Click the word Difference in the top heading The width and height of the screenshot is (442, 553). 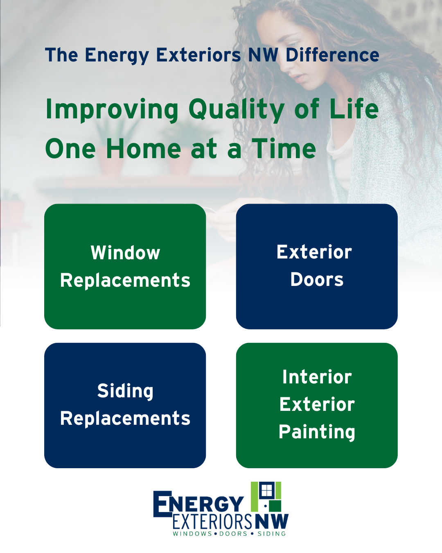[332, 54]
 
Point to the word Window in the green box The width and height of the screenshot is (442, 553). [125, 253]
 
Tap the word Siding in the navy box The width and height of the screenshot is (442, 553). [125, 391]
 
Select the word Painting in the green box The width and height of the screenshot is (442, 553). [317, 432]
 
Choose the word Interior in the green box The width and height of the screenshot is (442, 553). [317, 377]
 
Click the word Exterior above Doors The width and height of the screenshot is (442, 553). [314, 252]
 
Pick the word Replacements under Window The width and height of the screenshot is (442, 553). [125, 280]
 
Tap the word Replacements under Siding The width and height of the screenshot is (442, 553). [125, 419]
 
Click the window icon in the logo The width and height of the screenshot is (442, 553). [266, 490]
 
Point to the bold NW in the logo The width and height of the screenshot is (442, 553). [272, 521]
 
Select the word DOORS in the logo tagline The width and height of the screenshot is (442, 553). [233, 534]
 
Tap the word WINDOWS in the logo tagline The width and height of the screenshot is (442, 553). [192, 534]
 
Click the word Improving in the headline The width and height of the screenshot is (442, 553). [112, 109]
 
